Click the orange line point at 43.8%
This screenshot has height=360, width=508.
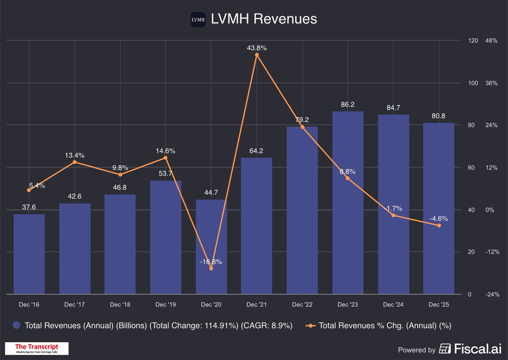point(257,55)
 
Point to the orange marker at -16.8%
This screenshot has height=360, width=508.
point(211,268)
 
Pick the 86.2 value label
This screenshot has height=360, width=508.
point(348,104)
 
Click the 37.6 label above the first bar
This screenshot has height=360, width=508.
point(29,207)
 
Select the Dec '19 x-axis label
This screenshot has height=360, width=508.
point(165,305)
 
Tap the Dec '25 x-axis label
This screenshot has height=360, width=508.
point(439,305)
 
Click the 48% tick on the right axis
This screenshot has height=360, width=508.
point(491,41)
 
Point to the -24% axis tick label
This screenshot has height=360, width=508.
point(492,294)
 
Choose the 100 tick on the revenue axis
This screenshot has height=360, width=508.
point(473,83)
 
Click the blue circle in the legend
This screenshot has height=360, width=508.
point(17,325)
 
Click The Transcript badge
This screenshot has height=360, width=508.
point(36,348)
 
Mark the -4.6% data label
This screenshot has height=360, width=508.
point(439,219)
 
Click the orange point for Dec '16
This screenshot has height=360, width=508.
point(29,190)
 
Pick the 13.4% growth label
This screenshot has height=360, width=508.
point(75,155)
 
